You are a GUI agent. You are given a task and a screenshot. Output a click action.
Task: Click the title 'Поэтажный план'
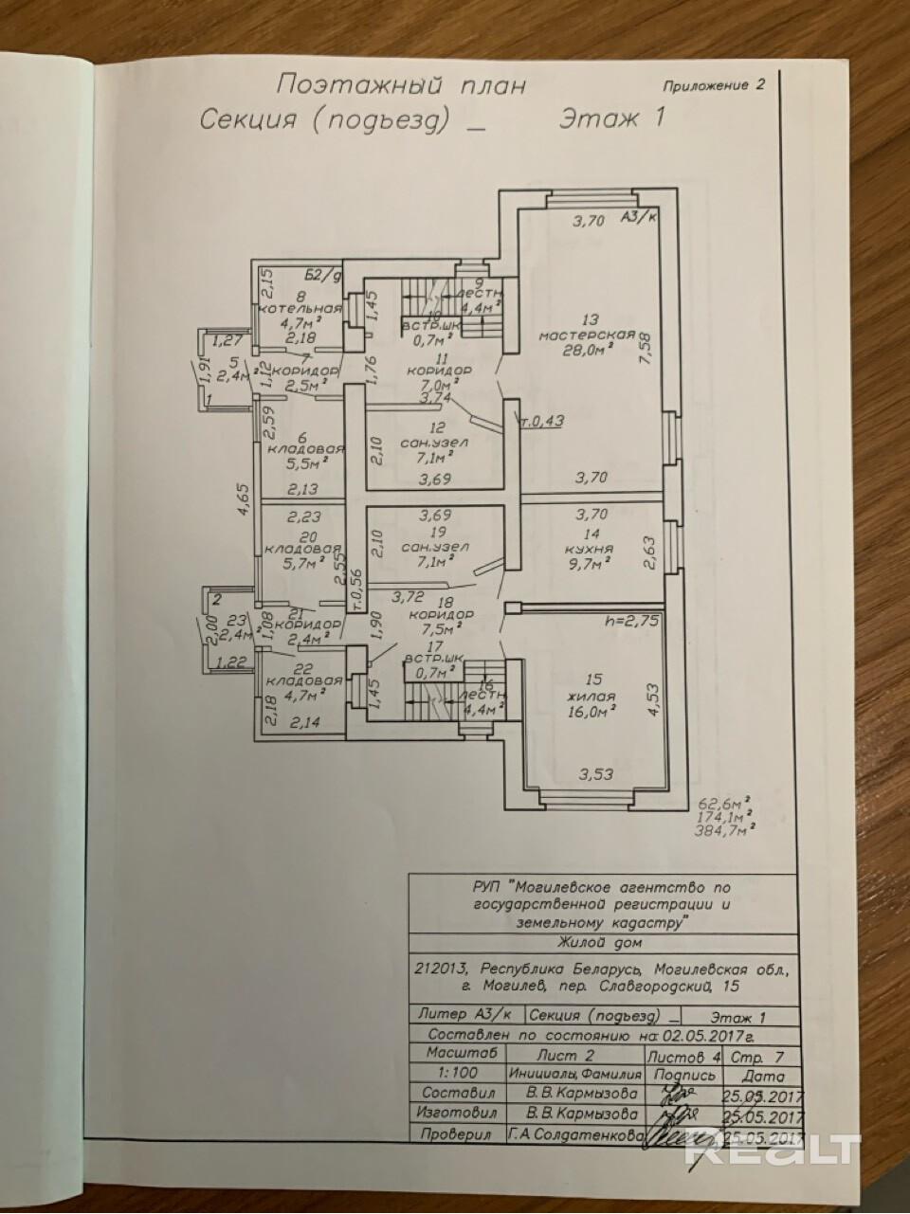399,85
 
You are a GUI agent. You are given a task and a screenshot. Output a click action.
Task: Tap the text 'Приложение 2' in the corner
717,83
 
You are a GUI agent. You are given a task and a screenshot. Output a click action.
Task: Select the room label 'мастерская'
586,335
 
